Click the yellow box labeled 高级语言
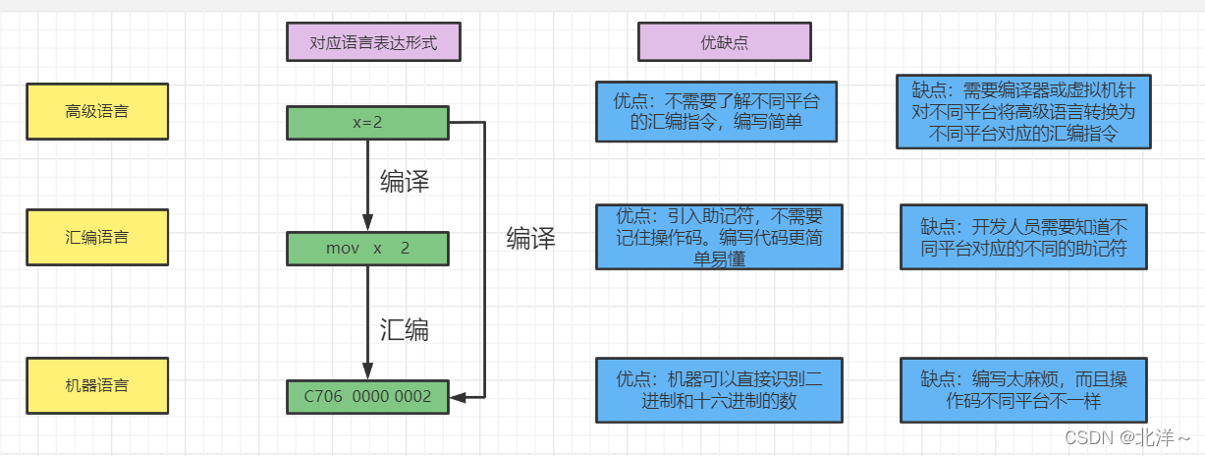tap(97, 111)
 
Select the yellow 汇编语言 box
tap(97, 237)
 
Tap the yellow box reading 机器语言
tap(97, 384)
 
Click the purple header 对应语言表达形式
tap(372, 42)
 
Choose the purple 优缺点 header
tap(724, 42)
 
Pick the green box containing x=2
tap(367, 123)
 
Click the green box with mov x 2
tap(367, 249)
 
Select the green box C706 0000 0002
tap(367, 396)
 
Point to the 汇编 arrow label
tap(405, 329)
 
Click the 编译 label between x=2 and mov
tap(405, 182)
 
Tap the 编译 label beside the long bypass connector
tap(530, 238)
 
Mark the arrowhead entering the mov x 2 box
tap(367, 225)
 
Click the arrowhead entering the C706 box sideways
tap(457, 397)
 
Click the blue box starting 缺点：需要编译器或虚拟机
tap(1022, 112)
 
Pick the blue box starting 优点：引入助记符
tap(719, 237)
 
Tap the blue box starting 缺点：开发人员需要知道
tap(1022, 237)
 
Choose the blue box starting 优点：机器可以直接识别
tap(717, 390)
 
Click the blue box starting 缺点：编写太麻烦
tap(1022, 390)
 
